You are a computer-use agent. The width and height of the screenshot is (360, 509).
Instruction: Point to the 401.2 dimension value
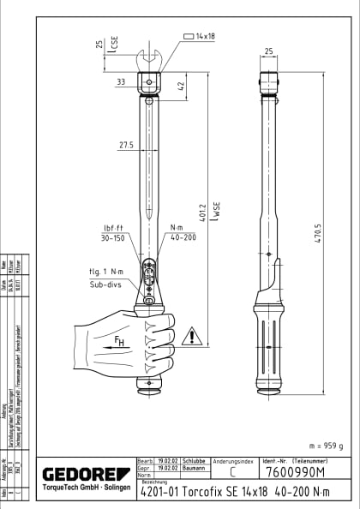click(x=203, y=217)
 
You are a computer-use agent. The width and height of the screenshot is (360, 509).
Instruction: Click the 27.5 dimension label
click(x=126, y=145)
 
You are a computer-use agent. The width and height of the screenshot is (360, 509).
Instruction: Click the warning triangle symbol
click(x=196, y=335)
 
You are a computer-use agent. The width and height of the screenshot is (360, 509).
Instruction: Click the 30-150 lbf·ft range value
click(x=114, y=237)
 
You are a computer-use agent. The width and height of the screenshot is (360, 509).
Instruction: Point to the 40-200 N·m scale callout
click(x=184, y=237)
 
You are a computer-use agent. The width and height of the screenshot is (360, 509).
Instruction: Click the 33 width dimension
click(x=121, y=82)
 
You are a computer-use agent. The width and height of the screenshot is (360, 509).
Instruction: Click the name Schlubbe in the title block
click(x=193, y=460)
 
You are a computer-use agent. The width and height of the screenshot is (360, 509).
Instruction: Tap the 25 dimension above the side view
click(x=268, y=51)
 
